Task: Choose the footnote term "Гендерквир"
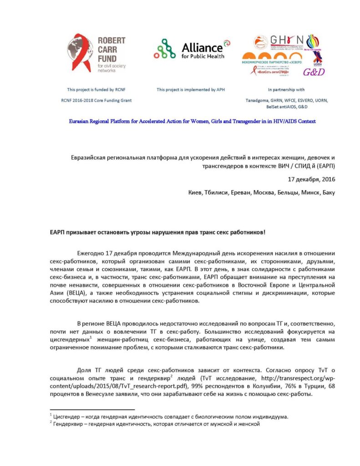[71, 424]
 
